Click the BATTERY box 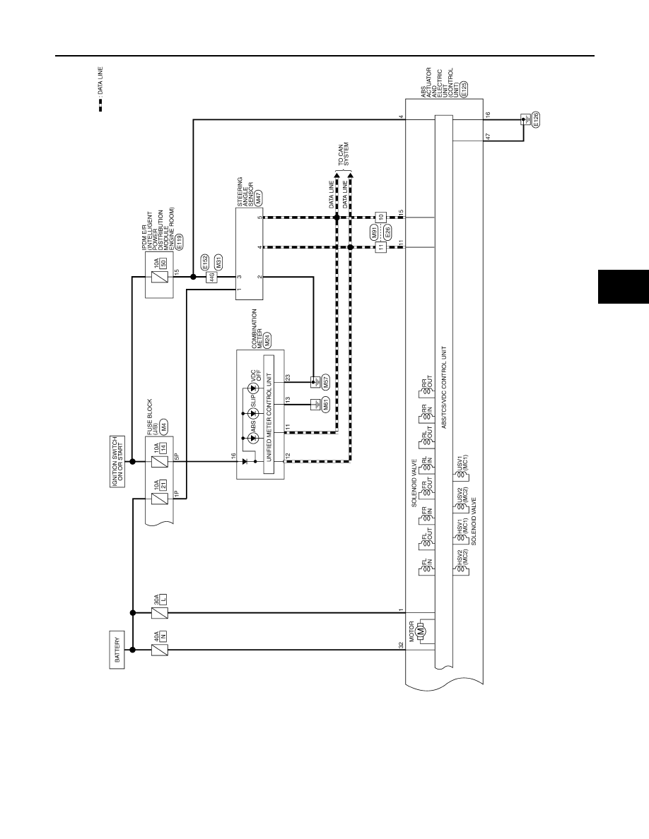pos(118,650)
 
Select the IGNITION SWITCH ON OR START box pos(118,461)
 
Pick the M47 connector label pos(258,199)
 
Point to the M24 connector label pos(267,341)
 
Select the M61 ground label pos(325,405)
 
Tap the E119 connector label pos(179,242)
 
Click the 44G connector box pos(211,277)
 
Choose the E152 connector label pos(205,262)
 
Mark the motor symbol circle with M pos(421,631)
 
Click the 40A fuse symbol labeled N pos(159,650)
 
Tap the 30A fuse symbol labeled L pos(159,613)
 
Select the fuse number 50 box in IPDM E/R pos(164,263)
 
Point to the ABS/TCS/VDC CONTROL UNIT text pos(443,388)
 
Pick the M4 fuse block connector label pos(164,426)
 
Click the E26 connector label pos(387,232)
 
